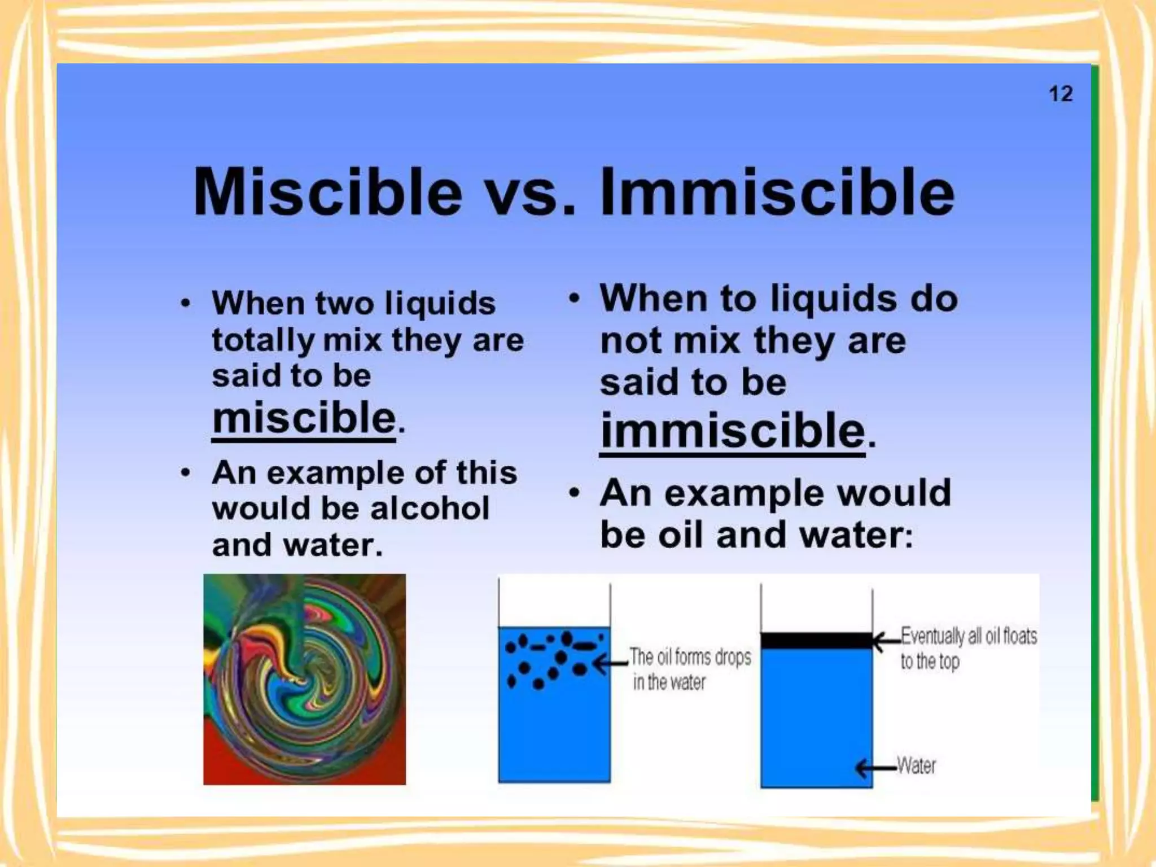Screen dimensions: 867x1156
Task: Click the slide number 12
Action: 1061,94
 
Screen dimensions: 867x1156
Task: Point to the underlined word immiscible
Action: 732,431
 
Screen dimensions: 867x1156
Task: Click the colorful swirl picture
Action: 304,679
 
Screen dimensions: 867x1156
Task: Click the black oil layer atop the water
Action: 816,641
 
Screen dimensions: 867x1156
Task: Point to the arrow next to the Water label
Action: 875,768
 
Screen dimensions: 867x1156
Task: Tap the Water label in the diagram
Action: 916,766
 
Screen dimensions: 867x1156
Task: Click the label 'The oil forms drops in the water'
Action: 689,669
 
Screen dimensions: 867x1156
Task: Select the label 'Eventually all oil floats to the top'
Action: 967,648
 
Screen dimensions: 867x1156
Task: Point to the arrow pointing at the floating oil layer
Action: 887,641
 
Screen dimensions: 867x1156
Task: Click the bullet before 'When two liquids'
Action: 185,304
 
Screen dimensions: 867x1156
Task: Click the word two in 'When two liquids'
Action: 344,304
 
